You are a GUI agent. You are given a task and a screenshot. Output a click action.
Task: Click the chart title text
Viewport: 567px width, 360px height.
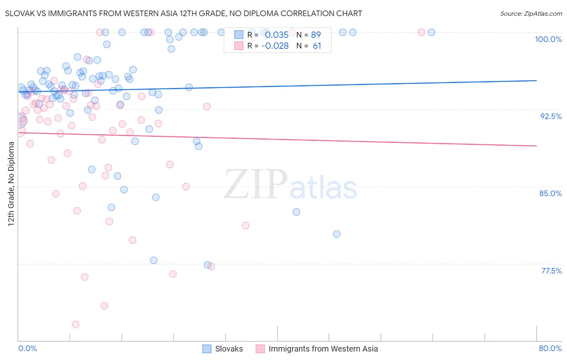[x=183, y=13]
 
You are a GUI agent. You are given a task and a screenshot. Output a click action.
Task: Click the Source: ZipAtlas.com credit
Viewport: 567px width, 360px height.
[x=531, y=13]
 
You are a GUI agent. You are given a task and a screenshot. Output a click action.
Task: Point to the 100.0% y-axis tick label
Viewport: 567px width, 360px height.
[x=548, y=39]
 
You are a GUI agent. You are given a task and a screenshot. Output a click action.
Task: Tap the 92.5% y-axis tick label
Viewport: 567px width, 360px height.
[x=551, y=116]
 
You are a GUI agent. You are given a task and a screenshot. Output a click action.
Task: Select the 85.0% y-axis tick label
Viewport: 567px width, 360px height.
[x=550, y=193]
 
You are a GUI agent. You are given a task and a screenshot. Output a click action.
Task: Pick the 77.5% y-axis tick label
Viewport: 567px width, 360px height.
[x=551, y=271]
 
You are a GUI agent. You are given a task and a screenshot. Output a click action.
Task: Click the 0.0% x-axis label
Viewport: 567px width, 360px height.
[x=27, y=348]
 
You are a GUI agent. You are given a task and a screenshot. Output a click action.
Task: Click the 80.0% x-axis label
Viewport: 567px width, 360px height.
[x=550, y=348]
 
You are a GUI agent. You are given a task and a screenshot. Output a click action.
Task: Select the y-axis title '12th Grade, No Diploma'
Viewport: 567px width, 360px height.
[x=11, y=184]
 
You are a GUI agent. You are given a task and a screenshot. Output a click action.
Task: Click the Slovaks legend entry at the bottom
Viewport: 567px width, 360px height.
[x=229, y=349]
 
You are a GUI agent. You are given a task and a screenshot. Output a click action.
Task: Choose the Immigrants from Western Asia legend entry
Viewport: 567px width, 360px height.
[x=323, y=349]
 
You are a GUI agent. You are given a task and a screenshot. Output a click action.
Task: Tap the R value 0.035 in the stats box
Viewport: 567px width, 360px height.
[x=277, y=35]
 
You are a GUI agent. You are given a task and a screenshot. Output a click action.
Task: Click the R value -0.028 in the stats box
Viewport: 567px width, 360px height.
[x=275, y=46]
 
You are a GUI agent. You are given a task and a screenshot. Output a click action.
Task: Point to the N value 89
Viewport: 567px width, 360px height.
[x=316, y=35]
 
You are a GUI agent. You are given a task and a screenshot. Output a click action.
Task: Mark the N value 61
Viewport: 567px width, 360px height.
[x=317, y=46]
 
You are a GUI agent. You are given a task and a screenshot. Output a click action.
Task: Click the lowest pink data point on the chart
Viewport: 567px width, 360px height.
[x=75, y=324]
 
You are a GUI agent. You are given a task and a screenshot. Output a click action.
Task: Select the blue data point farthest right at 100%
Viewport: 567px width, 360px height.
[x=432, y=32]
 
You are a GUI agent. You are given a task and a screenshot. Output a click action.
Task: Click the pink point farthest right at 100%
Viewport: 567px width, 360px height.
[x=421, y=32]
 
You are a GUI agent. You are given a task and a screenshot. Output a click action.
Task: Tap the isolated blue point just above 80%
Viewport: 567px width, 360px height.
[x=337, y=234]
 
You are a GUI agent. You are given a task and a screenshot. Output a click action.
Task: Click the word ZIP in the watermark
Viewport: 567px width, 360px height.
[x=256, y=184]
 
